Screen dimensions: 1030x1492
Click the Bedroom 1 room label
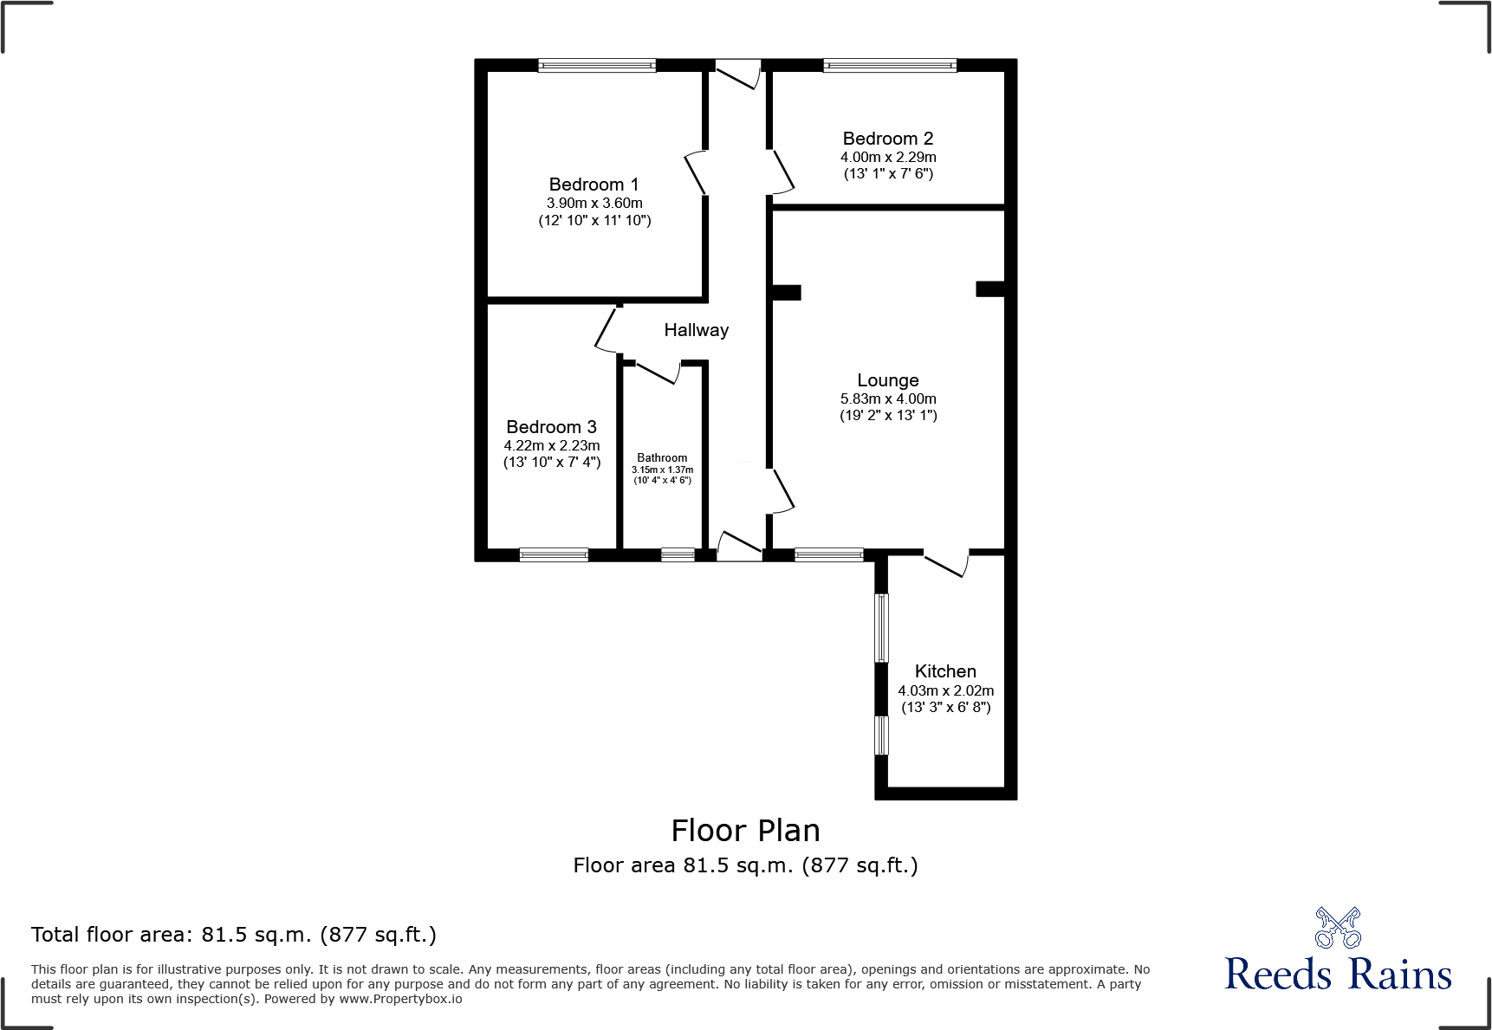click(x=594, y=185)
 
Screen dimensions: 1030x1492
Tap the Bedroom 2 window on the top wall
click(x=889, y=65)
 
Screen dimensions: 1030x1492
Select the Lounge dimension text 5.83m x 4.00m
click(x=887, y=398)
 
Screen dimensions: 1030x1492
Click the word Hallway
click(x=696, y=330)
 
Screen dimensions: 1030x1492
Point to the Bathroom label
click(x=662, y=457)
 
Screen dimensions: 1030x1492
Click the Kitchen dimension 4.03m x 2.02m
click(x=945, y=690)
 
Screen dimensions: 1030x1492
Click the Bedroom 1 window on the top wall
click(x=596, y=65)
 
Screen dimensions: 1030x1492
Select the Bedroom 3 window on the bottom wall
click(x=554, y=554)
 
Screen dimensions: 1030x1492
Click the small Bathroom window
click(x=678, y=554)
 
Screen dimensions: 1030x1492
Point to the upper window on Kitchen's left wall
click(x=881, y=627)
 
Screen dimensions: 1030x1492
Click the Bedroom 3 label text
click(x=551, y=427)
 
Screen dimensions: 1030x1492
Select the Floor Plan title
click(x=745, y=831)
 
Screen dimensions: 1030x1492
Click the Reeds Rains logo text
click(x=1337, y=975)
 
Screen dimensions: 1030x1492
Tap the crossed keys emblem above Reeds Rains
click(x=1337, y=928)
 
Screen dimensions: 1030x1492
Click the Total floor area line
click(x=233, y=935)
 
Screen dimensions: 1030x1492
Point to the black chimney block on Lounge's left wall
click(x=787, y=293)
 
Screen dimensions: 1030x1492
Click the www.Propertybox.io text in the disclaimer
click(x=400, y=999)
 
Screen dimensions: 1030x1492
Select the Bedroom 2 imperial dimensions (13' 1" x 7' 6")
click(x=887, y=173)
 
